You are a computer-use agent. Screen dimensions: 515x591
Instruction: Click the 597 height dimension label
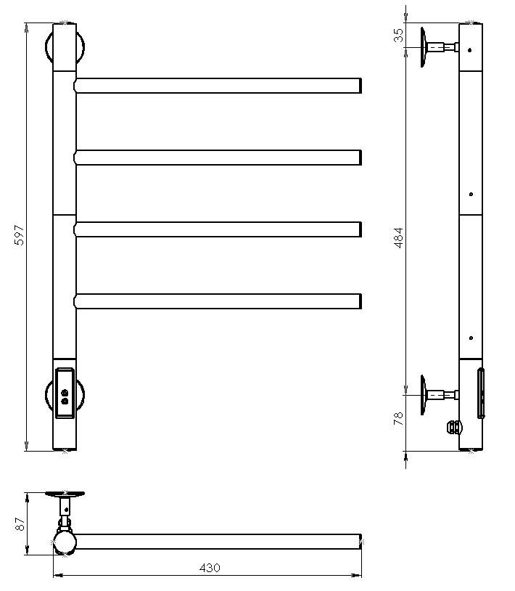pos(19,235)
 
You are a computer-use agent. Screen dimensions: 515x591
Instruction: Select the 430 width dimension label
pos(210,568)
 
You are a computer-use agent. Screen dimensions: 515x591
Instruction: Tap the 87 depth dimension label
pos(20,524)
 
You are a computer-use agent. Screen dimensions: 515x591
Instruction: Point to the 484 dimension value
pos(398,237)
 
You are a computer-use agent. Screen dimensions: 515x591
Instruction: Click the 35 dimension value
pos(398,36)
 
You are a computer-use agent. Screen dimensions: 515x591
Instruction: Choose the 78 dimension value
pos(398,418)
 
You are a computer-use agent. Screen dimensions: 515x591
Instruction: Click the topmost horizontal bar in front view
pos(218,86)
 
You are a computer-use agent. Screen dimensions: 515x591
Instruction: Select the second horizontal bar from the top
pos(218,158)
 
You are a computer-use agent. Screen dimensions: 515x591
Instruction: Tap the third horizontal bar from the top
pos(218,229)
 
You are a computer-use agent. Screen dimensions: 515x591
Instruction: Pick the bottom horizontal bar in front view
pos(218,301)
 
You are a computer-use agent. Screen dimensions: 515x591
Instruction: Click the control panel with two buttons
pos(65,393)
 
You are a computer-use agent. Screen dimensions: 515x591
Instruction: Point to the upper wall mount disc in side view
pos(423,47)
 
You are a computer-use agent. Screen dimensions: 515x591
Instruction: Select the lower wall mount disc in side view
pos(423,395)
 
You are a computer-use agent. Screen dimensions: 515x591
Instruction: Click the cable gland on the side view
pos(454,428)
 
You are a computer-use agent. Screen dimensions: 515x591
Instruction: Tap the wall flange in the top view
pos(65,494)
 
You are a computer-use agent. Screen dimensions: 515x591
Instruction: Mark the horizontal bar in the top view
pos(218,541)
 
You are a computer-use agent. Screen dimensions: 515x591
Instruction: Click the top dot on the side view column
pos(469,50)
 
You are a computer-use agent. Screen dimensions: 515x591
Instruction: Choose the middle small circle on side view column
pos(471,194)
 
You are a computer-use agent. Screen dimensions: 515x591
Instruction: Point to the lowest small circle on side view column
pos(471,338)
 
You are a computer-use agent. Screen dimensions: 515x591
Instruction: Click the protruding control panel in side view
pos(481,393)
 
